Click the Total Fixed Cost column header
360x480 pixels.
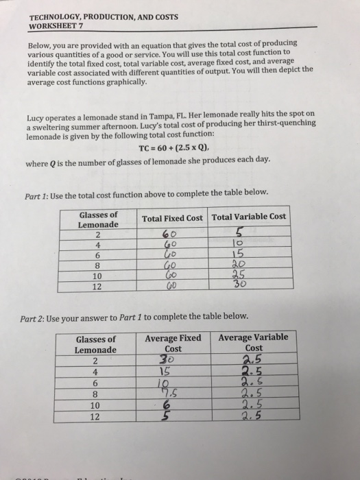(x=172, y=218)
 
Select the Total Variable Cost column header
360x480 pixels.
(x=248, y=217)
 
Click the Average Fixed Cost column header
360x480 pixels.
(x=173, y=343)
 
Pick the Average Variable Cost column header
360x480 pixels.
(x=253, y=343)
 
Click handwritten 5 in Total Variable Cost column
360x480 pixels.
(x=239, y=232)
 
